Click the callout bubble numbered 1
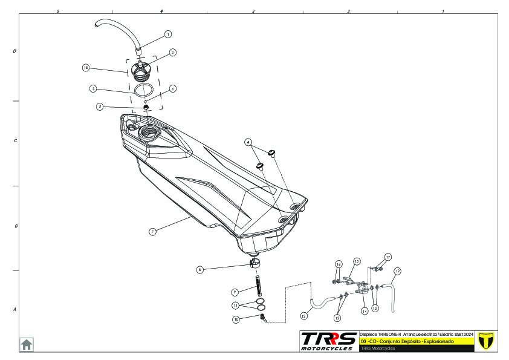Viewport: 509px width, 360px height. [168, 34]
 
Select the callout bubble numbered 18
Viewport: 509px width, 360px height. [86, 68]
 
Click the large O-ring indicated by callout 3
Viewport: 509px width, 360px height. [142, 91]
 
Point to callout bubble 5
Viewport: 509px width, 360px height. [100, 106]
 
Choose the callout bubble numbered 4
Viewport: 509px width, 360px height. [173, 88]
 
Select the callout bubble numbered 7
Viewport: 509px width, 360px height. [153, 231]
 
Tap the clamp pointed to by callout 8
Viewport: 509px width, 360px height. [254, 263]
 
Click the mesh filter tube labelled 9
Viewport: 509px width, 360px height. [259, 283]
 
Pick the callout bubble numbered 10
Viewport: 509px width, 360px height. [236, 318]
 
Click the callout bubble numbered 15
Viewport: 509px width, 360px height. [357, 261]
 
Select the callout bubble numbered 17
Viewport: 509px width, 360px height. [388, 257]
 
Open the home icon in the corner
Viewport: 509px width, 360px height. [27, 344]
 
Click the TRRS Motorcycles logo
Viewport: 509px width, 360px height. [328, 341]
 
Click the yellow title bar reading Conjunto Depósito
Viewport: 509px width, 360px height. [417, 341]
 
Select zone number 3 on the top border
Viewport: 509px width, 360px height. [253, 11]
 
